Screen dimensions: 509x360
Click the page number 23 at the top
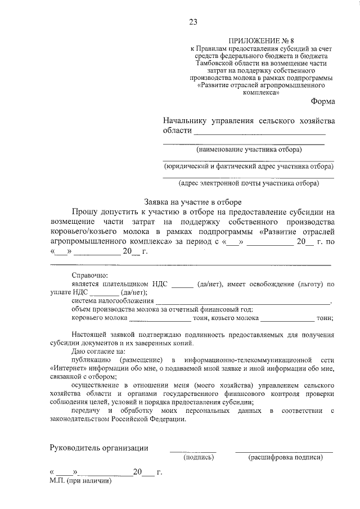click(193, 22)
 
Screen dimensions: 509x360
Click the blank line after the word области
click(260, 133)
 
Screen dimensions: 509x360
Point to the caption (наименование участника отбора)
click(249, 150)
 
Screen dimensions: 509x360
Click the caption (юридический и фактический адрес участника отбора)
click(249, 166)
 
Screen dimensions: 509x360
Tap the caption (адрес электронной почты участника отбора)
click(249, 183)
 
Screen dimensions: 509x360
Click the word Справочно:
click(89, 274)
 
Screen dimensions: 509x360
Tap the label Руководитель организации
click(99, 448)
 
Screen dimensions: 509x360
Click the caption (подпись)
click(199, 458)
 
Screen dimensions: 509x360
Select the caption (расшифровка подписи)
click(285, 458)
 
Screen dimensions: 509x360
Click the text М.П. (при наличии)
click(81, 482)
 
